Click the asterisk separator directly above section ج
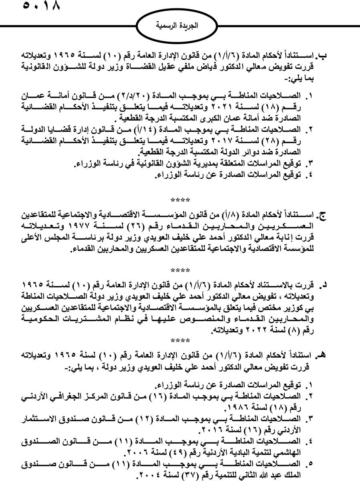pyautogui.click(x=180, y=199)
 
